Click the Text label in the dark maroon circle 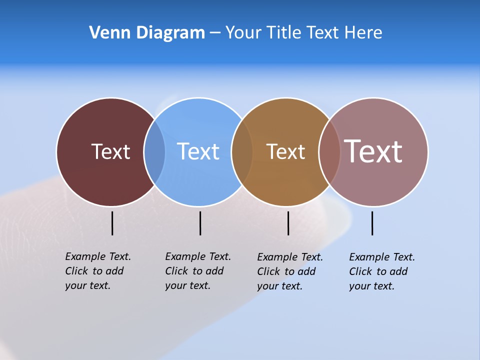click(110, 151)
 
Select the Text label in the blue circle click(198, 151)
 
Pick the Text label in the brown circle click(285, 151)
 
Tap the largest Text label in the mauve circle click(373, 151)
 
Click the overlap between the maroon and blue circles click(154, 151)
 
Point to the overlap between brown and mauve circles click(329, 151)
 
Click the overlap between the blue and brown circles click(242, 151)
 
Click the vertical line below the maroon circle click(112, 223)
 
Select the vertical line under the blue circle click(200, 223)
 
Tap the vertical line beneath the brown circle click(288, 223)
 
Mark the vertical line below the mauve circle click(372, 223)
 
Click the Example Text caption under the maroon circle click(97, 271)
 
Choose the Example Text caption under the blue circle click(197, 271)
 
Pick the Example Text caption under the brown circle click(289, 271)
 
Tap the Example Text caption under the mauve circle click(381, 271)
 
